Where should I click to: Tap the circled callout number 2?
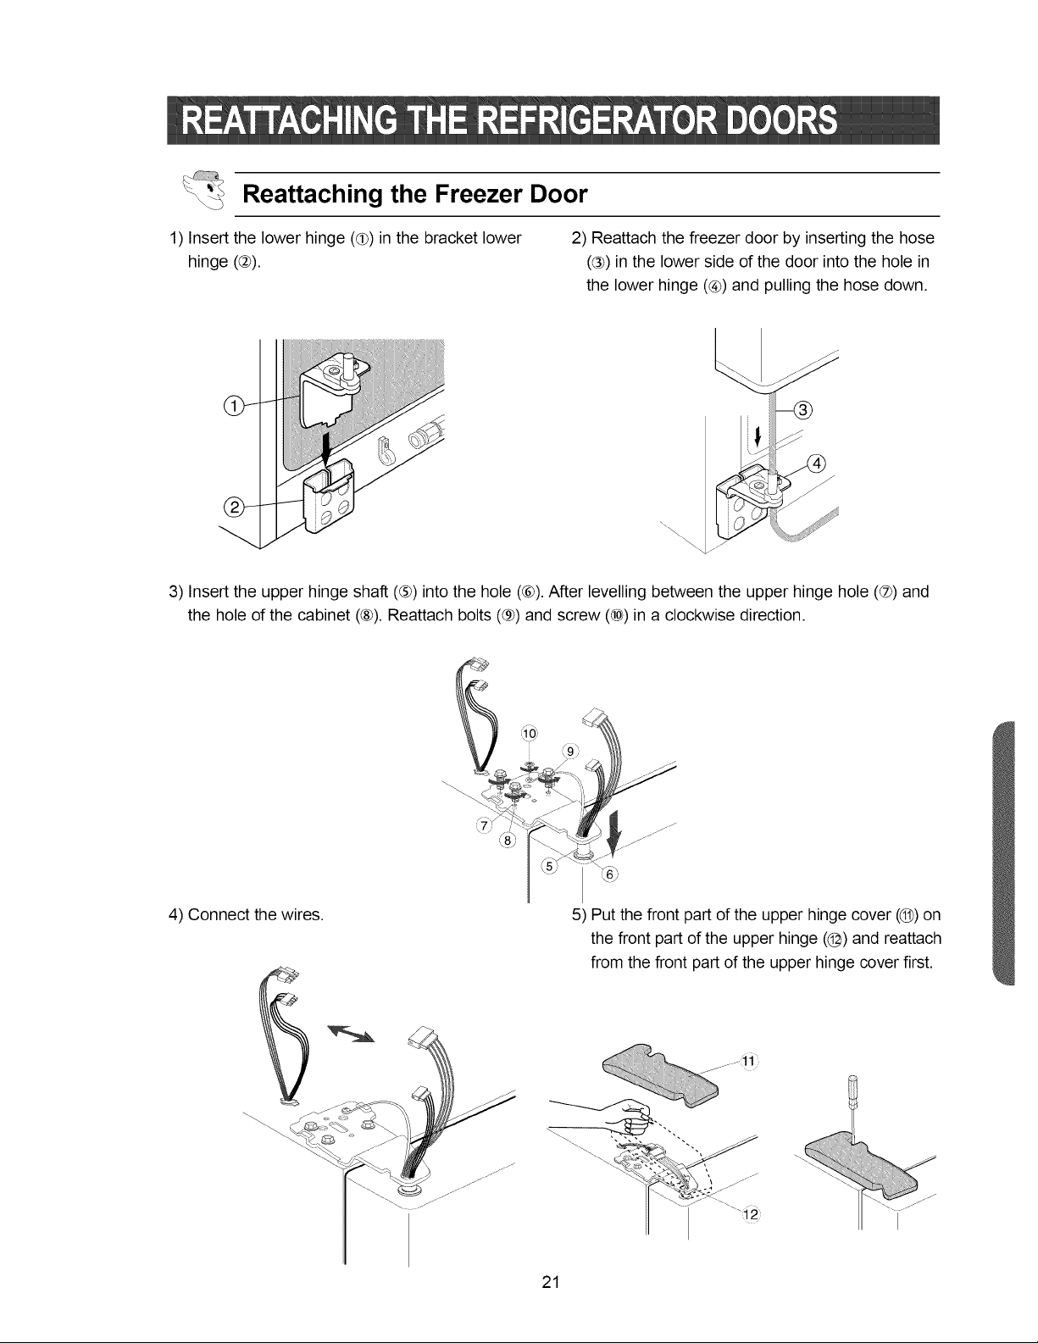[234, 508]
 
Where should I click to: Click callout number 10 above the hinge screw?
[530, 734]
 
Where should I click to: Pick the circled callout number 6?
[610, 874]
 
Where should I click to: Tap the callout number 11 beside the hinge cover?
[748, 1062]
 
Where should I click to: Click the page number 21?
[551, 1282]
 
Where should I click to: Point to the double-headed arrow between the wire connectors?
[350, 1034]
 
